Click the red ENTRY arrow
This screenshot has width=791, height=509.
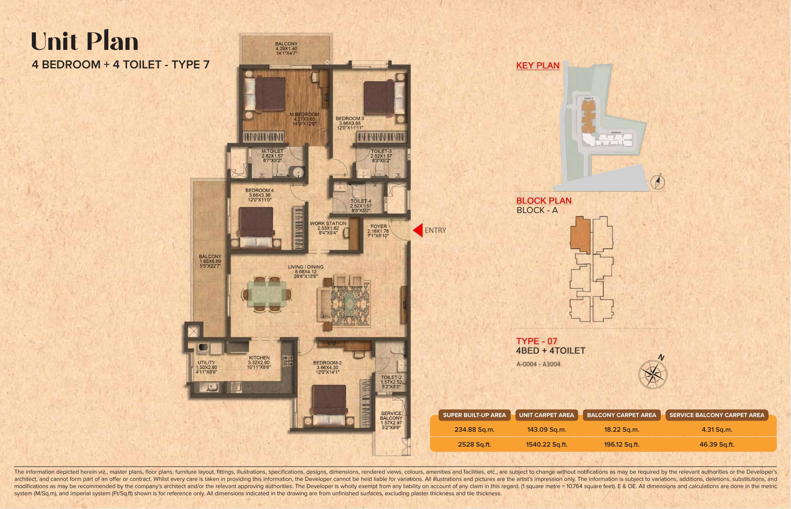coord(418,230)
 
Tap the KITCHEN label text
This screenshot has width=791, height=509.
coord(259,358)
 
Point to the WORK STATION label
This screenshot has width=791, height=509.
coord(328,223)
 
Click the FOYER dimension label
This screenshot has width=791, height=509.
coord(378,231)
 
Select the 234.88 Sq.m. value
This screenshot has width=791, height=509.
coord(474,430)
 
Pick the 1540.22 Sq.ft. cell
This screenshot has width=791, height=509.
coord(546,445)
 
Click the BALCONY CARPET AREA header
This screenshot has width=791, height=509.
coord(621,415)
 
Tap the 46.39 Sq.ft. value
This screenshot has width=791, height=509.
coord(716,445)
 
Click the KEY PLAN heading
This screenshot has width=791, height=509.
coord(537,66)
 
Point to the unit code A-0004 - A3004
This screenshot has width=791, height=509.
coord(538,364)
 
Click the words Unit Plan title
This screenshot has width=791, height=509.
coord(85,41)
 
